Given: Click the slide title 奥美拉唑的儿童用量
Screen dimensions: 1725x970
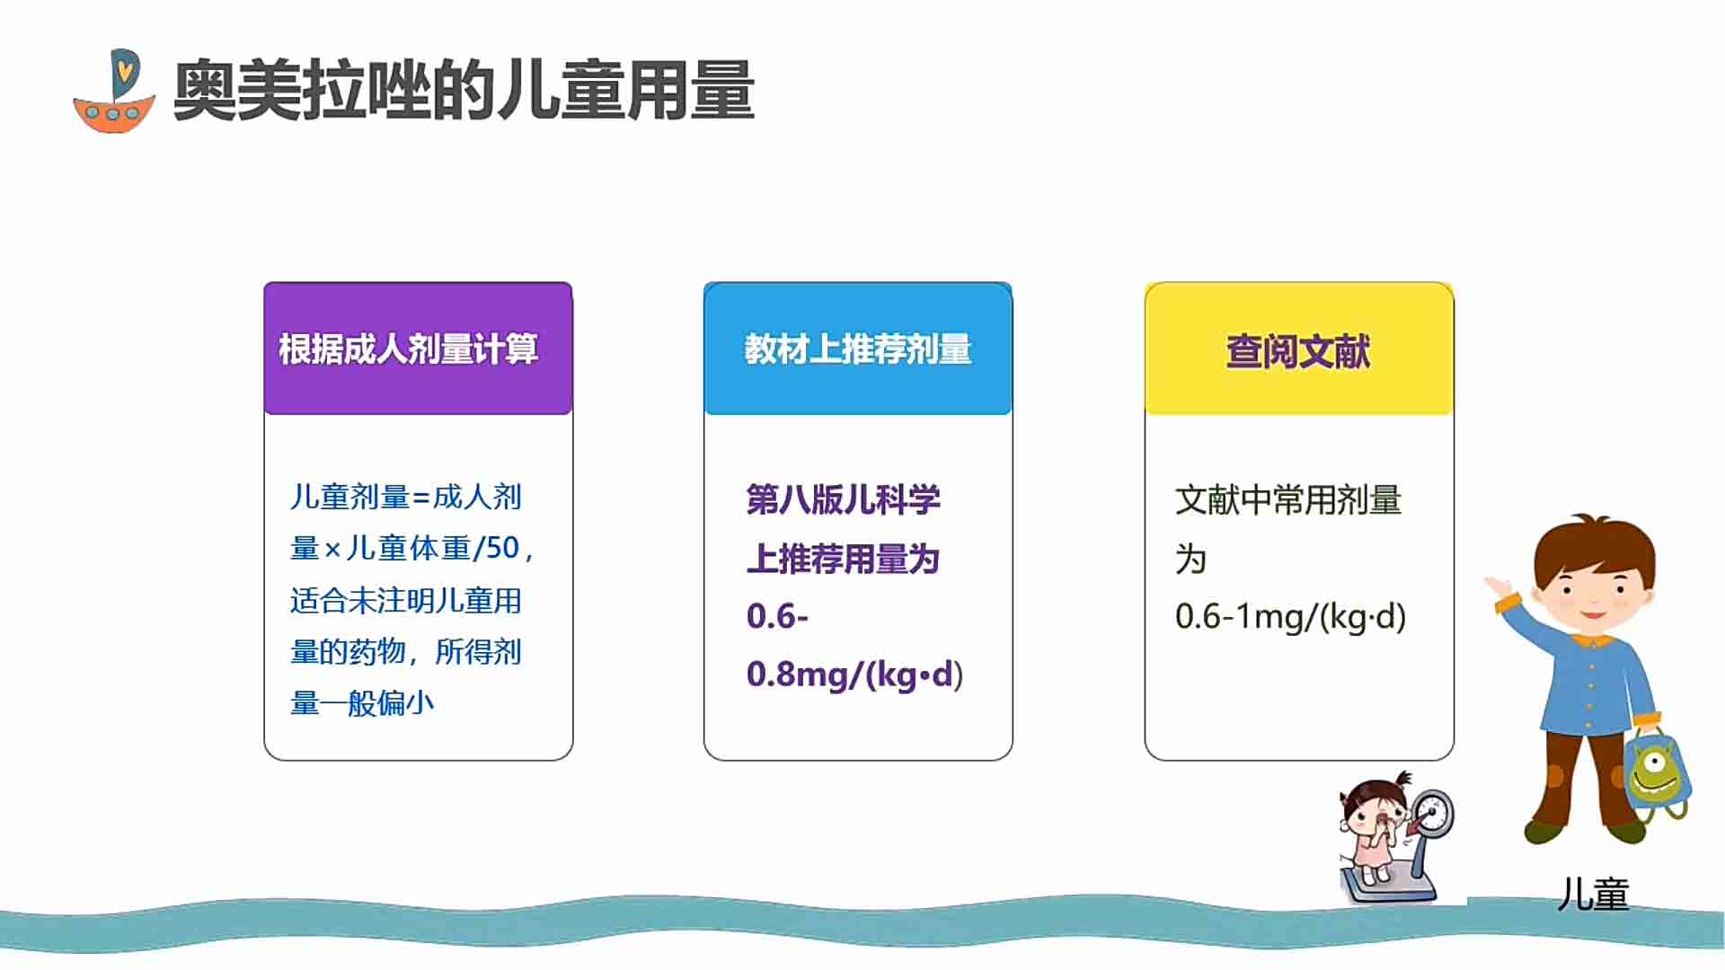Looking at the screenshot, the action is (464, 90).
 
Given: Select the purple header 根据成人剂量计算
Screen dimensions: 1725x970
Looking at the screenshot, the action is (408, 349).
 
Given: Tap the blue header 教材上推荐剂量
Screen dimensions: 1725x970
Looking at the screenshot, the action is (858, 349).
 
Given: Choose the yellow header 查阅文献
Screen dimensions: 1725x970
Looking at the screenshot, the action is (1298, 351).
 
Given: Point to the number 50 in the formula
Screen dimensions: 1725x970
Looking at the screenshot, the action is (502, 547).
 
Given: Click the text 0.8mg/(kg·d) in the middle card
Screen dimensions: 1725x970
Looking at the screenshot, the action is (854, 675).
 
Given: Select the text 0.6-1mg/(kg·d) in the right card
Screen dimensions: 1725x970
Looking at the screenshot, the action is (1290, 616).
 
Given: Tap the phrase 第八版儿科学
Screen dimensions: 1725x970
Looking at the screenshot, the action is (843, 499).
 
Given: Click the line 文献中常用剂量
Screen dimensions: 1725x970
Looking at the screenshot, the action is (1288, 499).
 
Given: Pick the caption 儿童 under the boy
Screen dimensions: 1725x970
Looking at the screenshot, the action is (1593, 895).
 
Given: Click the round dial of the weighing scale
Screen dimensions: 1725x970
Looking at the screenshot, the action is (1431, 813).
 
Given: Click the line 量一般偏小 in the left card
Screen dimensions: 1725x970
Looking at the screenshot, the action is (362, 703).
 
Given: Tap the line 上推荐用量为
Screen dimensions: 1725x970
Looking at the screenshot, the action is (843, 559).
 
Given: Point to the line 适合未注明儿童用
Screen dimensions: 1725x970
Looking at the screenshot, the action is (405, 600).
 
